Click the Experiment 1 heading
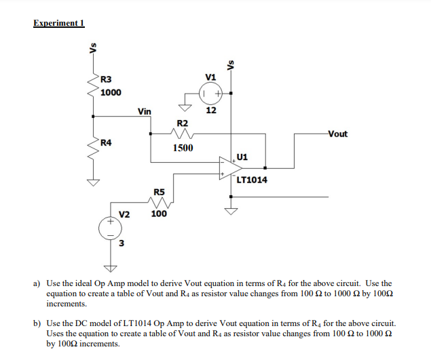click(x=58, y=22)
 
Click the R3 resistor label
click(x=107, y=80)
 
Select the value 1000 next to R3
click(x=111, y=92)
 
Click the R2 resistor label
click(x=182, y=123)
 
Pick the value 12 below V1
click(x=211, y=110)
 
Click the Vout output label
click(x=337, y=134)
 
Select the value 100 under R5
click(x=159, y=214)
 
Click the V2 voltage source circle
click(x=108, y=228)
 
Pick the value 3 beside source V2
click(x=121, y=244)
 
